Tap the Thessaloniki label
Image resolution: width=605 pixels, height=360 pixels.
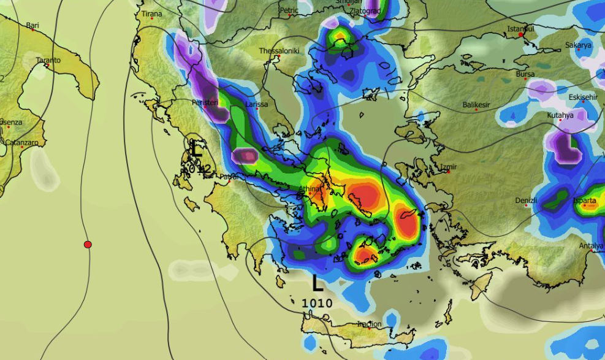coord(279,51)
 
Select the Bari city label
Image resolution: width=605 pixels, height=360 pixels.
coord(32,26)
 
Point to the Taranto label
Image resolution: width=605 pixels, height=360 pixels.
coord(48,60)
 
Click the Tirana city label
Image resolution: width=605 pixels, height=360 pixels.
coord(151,13)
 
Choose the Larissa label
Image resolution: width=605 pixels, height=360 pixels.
coord(256,104)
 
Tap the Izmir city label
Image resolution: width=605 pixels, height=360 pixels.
coord(449,167)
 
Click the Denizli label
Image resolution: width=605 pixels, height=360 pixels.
coord(526,201)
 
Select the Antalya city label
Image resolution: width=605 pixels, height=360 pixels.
coord(591,246)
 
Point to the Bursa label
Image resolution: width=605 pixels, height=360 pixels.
coord(525,74)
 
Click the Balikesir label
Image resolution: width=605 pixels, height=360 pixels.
coord(476,105)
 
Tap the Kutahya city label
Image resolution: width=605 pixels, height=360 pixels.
coord(560,115)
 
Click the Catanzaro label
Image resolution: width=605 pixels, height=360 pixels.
coord(21,142)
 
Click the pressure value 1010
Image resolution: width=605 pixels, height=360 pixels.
coord(317,303)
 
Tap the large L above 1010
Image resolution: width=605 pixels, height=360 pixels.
coord(317,284)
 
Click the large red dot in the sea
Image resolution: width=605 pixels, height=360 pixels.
coord(88,244)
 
